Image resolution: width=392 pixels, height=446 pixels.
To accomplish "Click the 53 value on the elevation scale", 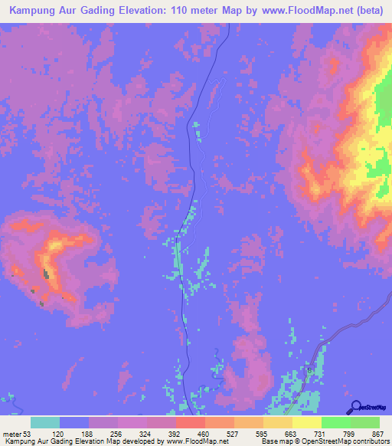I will pos(28,433).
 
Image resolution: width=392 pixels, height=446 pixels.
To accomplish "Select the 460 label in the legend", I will pos(204,433).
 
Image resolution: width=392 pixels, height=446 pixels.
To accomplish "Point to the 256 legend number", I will pos(116,433).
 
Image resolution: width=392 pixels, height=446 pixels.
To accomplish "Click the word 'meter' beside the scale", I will pos(11,433).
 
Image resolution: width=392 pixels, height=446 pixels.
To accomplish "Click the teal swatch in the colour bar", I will pos(45,422).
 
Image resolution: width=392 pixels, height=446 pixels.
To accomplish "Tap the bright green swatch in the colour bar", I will pos(335,422).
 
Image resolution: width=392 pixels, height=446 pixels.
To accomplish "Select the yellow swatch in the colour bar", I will pos(306,422).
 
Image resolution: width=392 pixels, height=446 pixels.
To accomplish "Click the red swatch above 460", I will pos(190,422).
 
